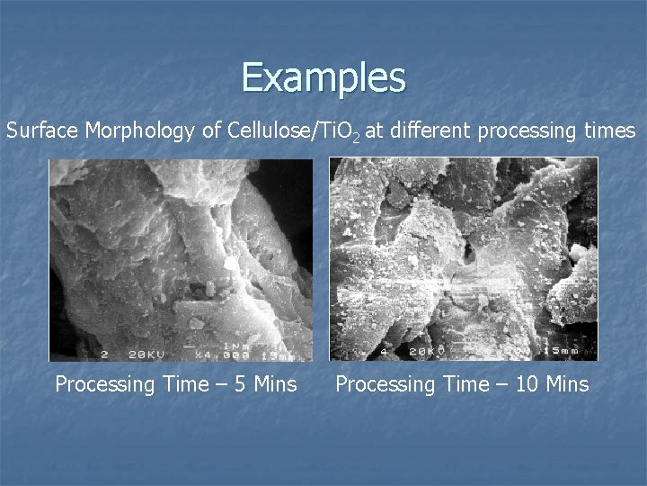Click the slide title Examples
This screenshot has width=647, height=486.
tap(323, 77)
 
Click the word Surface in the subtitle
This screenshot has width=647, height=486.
tap(43, 131)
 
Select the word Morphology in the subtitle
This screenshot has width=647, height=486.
tap(142, 131)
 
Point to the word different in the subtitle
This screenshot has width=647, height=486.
tap(430, 131)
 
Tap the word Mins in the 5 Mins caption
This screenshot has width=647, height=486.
tap(275, 384)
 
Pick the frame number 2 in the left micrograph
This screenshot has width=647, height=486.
tap(105, 353)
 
